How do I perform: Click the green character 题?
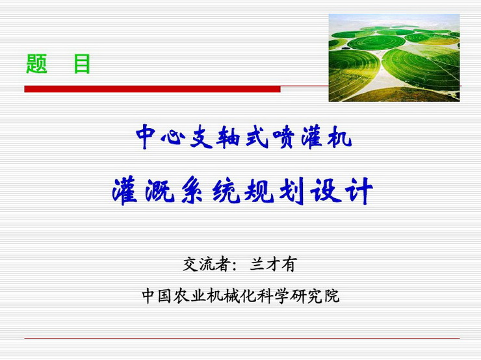36,64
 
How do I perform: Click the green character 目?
82,64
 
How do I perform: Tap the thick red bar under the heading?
152,89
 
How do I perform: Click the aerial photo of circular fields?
394,58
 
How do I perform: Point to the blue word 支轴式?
229,137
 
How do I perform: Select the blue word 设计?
341,191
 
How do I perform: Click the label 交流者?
205,264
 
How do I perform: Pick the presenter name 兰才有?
273,264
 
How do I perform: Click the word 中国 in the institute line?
157,296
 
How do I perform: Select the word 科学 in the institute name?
272,296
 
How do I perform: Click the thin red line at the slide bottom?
242,338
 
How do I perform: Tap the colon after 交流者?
234,266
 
